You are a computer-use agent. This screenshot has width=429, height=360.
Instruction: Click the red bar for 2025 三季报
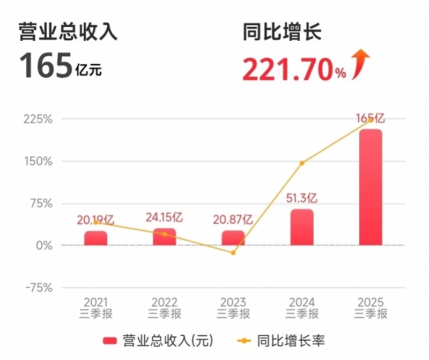(371, 187)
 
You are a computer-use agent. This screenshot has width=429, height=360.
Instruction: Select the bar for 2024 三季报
(302, 227)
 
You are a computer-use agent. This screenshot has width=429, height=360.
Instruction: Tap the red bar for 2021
(95, 238)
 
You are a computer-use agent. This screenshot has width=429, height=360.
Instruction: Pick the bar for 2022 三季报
(164, 237)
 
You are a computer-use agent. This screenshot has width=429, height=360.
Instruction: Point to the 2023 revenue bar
(233, 238)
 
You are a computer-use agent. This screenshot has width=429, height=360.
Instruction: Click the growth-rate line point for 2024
(302, 163)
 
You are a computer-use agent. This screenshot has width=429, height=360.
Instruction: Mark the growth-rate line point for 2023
(233, 252)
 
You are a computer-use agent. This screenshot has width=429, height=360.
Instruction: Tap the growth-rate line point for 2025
(371, 119)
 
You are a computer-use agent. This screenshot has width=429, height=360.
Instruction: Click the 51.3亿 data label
(302, 199)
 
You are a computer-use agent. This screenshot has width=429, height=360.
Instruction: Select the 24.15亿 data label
(164, 217)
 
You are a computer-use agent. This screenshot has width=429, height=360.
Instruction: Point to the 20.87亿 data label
(233, 219)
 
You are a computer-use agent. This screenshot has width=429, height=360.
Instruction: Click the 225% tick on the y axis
(38, 119)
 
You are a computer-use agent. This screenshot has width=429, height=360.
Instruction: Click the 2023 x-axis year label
(233, 303)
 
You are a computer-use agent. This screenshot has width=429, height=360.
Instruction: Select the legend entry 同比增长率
(282, 340)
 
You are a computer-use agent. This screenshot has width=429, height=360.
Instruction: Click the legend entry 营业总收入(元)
(158, 340)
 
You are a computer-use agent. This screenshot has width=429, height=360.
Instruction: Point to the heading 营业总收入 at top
(68, 32)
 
